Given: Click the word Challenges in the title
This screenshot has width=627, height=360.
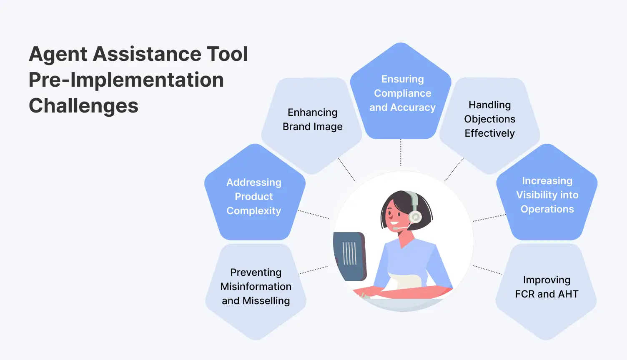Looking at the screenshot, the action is click(83, 106).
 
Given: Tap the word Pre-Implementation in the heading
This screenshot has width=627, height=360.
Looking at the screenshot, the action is click(126, 80).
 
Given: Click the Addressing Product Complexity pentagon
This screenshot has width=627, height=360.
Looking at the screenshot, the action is click(254, 196).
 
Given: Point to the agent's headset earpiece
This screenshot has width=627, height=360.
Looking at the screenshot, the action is click(415, 217).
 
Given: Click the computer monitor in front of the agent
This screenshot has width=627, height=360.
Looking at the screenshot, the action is click(349, 255).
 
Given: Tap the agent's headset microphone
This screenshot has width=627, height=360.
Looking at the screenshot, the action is click(396, 228).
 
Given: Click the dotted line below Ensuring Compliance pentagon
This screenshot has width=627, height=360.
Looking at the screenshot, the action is click(401, 153).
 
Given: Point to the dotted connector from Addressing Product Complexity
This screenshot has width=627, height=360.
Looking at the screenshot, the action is click(313, 215).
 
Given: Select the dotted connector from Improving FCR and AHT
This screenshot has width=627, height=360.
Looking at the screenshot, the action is click(487, 270).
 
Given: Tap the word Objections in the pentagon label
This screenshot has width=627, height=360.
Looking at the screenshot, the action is click(489, 119).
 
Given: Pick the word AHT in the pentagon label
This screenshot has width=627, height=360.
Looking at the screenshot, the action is click(568, 294).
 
